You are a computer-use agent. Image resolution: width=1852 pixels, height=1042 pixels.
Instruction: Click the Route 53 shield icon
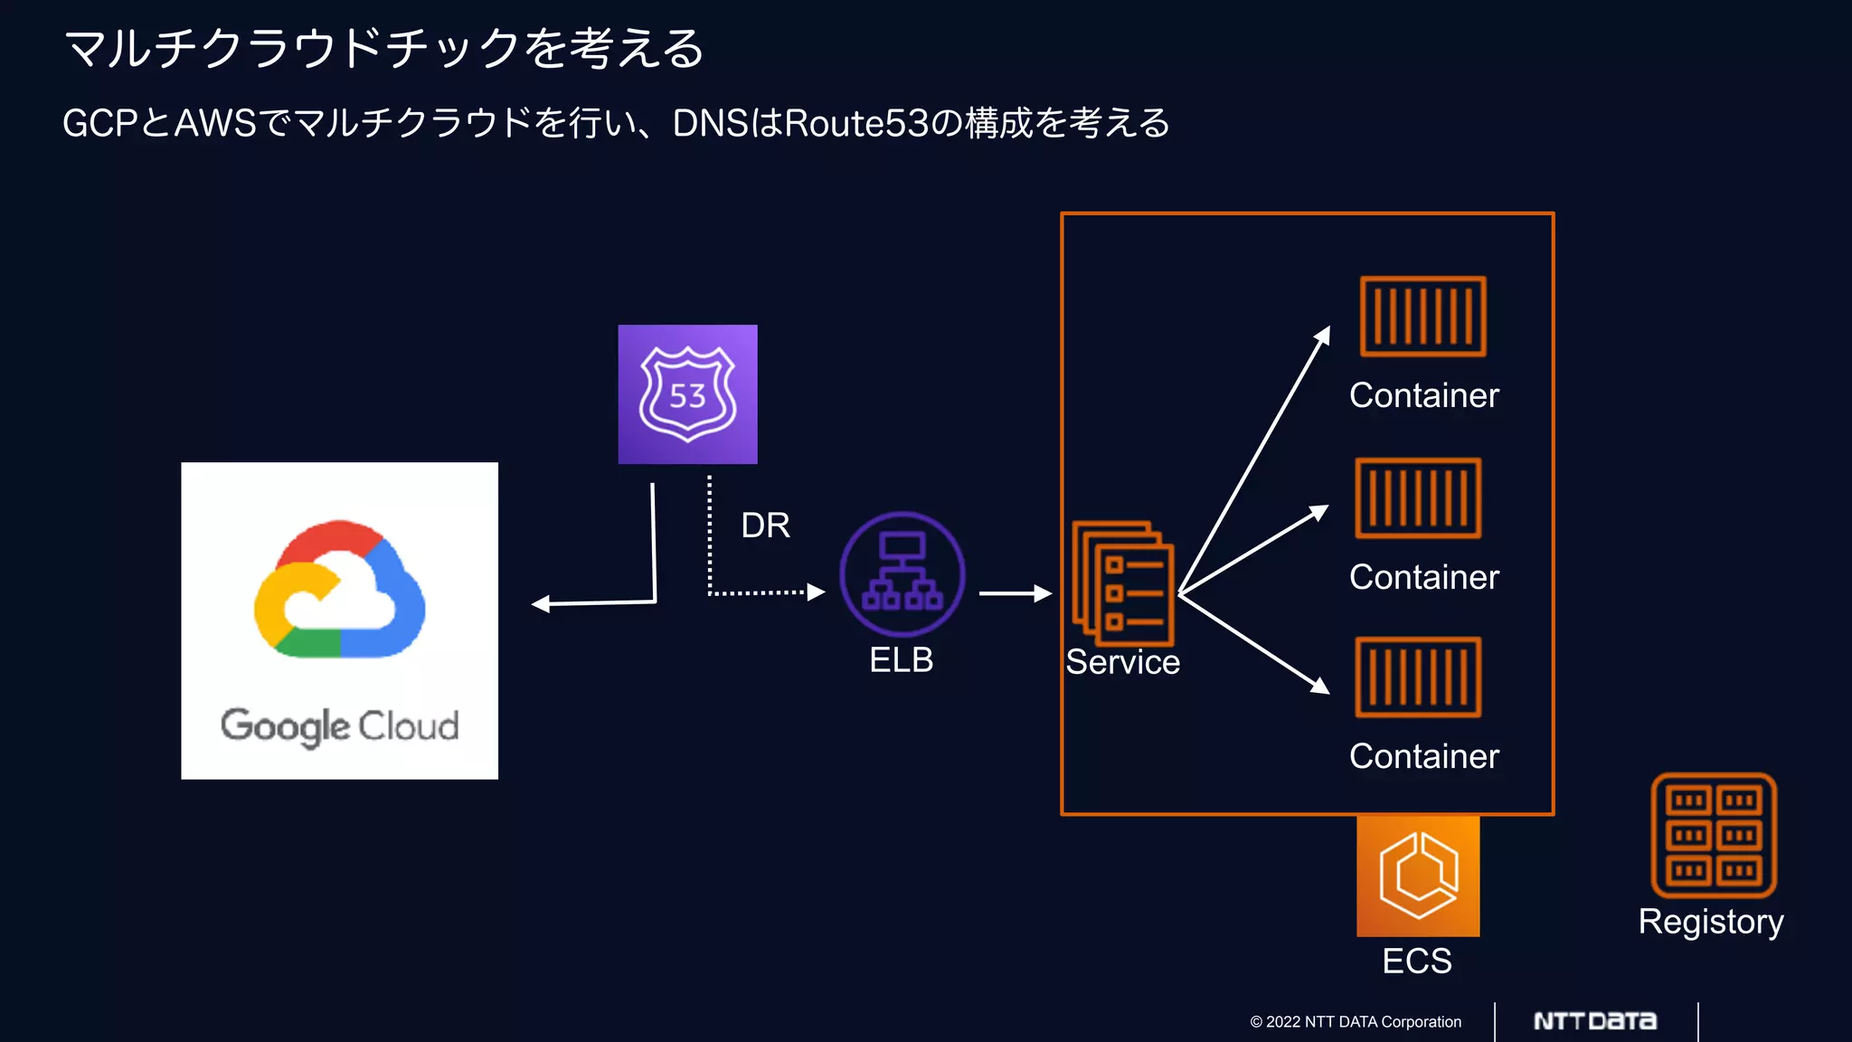click(687, 394)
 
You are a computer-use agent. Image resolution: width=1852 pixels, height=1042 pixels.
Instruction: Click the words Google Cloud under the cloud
click(339, 726)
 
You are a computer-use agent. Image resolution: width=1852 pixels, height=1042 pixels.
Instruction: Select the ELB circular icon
click(902, 574)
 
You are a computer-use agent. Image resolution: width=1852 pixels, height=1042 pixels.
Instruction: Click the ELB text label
click(901, 660)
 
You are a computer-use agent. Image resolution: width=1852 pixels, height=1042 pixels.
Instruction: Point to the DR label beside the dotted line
click(765, 526)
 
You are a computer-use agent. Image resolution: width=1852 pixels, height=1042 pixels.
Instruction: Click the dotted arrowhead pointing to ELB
click(817, 592)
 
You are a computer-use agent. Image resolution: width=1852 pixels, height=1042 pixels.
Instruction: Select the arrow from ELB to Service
click(1015, 593)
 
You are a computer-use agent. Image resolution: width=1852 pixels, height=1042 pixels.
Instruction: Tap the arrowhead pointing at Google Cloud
click(541, 604)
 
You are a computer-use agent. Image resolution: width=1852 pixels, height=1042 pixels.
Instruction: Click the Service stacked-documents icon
click(1122, 583)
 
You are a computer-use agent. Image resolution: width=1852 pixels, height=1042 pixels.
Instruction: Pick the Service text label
click(1122, 662)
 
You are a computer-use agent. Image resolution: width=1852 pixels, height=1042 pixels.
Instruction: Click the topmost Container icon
click(1422, 317)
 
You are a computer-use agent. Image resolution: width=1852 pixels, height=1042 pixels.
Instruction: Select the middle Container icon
click(1418, 497)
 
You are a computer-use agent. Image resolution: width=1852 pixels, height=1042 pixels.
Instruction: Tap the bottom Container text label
click(1423, 756)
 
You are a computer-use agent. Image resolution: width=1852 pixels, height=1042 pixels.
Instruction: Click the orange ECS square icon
click(1417, 876)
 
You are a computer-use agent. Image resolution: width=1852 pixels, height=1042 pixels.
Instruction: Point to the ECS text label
click(1416, 961)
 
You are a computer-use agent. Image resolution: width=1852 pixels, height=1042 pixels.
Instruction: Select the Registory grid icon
click(1713, 835)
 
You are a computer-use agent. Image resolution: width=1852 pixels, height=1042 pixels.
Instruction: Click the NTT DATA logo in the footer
click(1595, 1021)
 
